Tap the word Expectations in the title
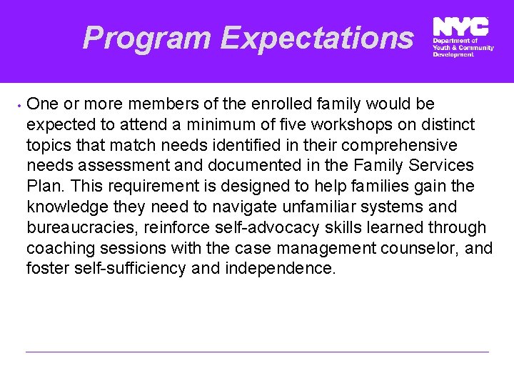click(316, 37)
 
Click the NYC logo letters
click(461, 27)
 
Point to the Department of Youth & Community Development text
click(463, 47)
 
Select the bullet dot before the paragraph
click(16, 104)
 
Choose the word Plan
click(45, 187)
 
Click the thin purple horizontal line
click(257, 352)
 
